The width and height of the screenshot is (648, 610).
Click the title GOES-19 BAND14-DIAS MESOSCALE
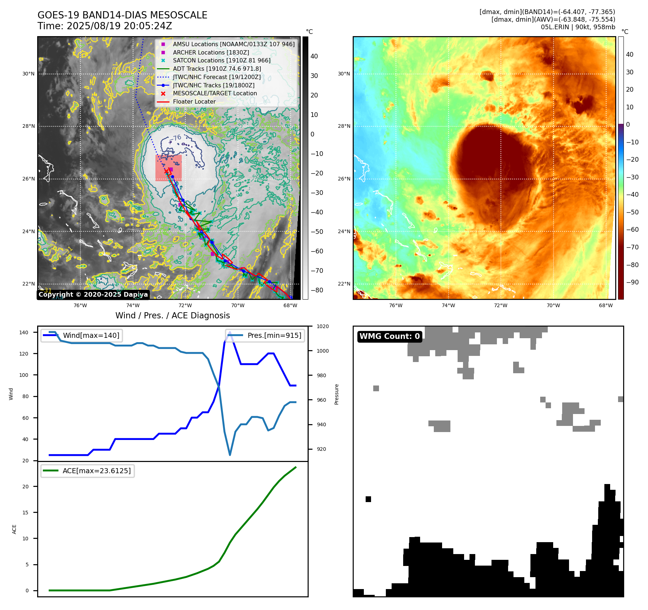tap(122, 15)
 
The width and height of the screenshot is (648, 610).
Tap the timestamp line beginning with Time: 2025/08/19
tap(105, 26)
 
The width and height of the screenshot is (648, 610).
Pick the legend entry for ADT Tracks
tap(217, 69)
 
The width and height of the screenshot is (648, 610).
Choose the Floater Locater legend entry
tap(194, 101)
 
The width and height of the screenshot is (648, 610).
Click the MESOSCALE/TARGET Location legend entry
tap(215, 93)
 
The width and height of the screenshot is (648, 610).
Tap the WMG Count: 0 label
tap(389, 336)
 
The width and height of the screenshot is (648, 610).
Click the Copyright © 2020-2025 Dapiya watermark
tap(93, 295)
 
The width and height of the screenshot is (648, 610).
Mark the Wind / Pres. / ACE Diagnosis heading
tap(172, 315)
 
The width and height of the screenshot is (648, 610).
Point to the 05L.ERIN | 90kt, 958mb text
tap(578, 27)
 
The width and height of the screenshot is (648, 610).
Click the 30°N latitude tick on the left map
tap(28, 74)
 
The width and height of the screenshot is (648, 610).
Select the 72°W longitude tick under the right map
tap(501, 305)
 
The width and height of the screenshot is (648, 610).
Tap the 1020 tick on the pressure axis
tap(322, 326)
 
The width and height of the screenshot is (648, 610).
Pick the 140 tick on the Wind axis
tap(24, 332)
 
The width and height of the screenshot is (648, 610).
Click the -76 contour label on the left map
tap(176, 138)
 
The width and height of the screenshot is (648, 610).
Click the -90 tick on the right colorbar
tap(632, 282)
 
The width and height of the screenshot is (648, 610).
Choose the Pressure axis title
tap(337, 394)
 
